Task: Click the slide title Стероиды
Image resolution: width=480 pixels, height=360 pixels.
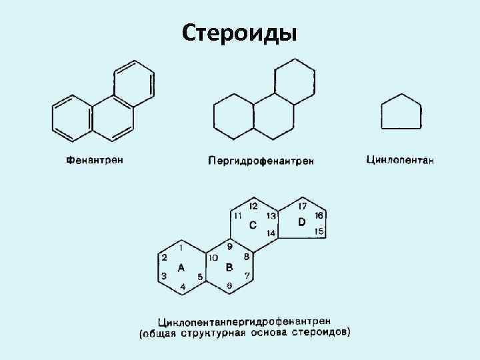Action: pos(239,32)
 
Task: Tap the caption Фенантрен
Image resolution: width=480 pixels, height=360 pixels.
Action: pos(95,161)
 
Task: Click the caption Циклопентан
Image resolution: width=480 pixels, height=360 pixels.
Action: pos(400,160)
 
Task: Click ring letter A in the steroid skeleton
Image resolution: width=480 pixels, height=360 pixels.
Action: pos(181,268)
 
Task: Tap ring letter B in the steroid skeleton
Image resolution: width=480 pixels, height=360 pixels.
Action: pos(229,268)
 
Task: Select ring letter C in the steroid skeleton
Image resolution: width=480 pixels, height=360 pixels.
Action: pos(253,225)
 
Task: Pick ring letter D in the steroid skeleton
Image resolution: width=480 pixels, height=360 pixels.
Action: pos(302,221)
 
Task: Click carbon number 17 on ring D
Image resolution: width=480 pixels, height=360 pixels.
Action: pos(303,206)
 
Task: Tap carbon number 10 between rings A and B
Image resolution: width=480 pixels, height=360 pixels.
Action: pos(213,258)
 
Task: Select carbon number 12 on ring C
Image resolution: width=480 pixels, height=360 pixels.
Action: pos(253,206)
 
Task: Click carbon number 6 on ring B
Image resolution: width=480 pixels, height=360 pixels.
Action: pos(229,285)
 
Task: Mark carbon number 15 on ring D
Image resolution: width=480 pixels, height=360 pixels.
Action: pos(320,231)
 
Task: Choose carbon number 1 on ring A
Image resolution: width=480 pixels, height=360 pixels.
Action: pos(182,246)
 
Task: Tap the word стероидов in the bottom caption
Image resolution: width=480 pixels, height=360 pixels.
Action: pos(325,331)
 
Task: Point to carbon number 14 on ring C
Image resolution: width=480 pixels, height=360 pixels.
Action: pos(271,233)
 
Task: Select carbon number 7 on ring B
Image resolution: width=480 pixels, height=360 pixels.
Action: pos(247,275)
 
